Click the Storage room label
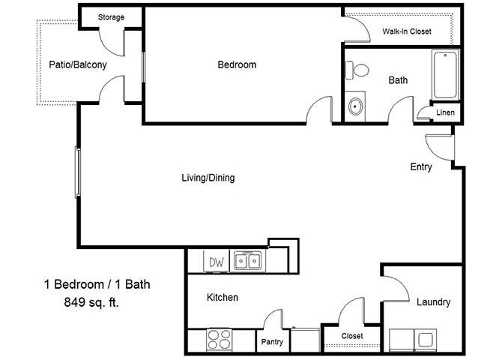coord(111,17)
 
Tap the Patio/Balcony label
coord(78,64)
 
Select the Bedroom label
coord(237,64)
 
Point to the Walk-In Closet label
coord(407,31)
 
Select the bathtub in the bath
coord(444,75)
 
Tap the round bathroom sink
coord(355,106)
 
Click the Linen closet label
coord(445,113)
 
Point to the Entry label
coord(421,167)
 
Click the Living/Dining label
coord(208,178)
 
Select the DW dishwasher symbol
coord(217,262)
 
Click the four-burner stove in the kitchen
coord(219,340)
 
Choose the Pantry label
coord(271,342)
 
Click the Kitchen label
coord(223,298)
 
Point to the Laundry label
coord(434,302)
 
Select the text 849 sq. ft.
coord(88,303)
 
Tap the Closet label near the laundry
coord(352,336)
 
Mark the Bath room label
coord(398,80)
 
